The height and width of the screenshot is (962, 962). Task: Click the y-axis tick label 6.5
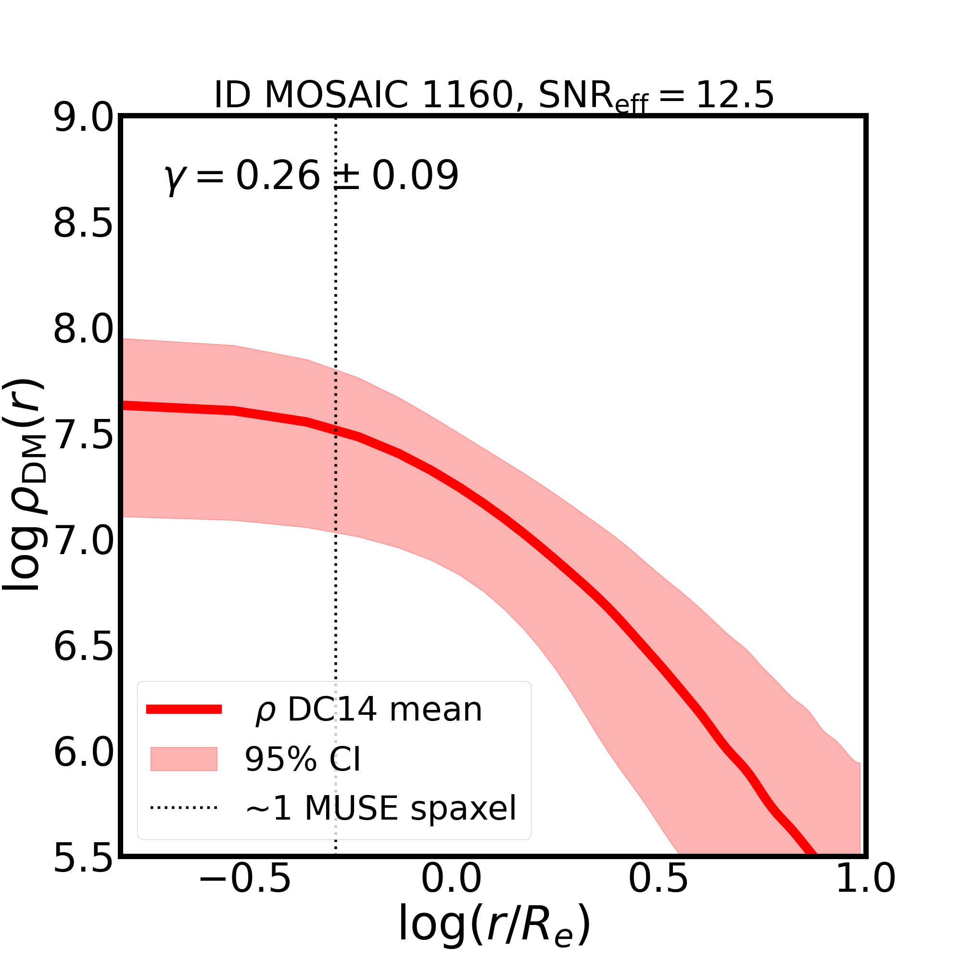pyautogui.click(x=83, y=647)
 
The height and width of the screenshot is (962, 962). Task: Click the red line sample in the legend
pyautogui.click(x=184, y=709)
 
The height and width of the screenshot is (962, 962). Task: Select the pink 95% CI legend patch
pyautogui.click(x=184, y=759)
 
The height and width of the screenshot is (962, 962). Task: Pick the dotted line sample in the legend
pyautogui.click(x=184, y=807)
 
